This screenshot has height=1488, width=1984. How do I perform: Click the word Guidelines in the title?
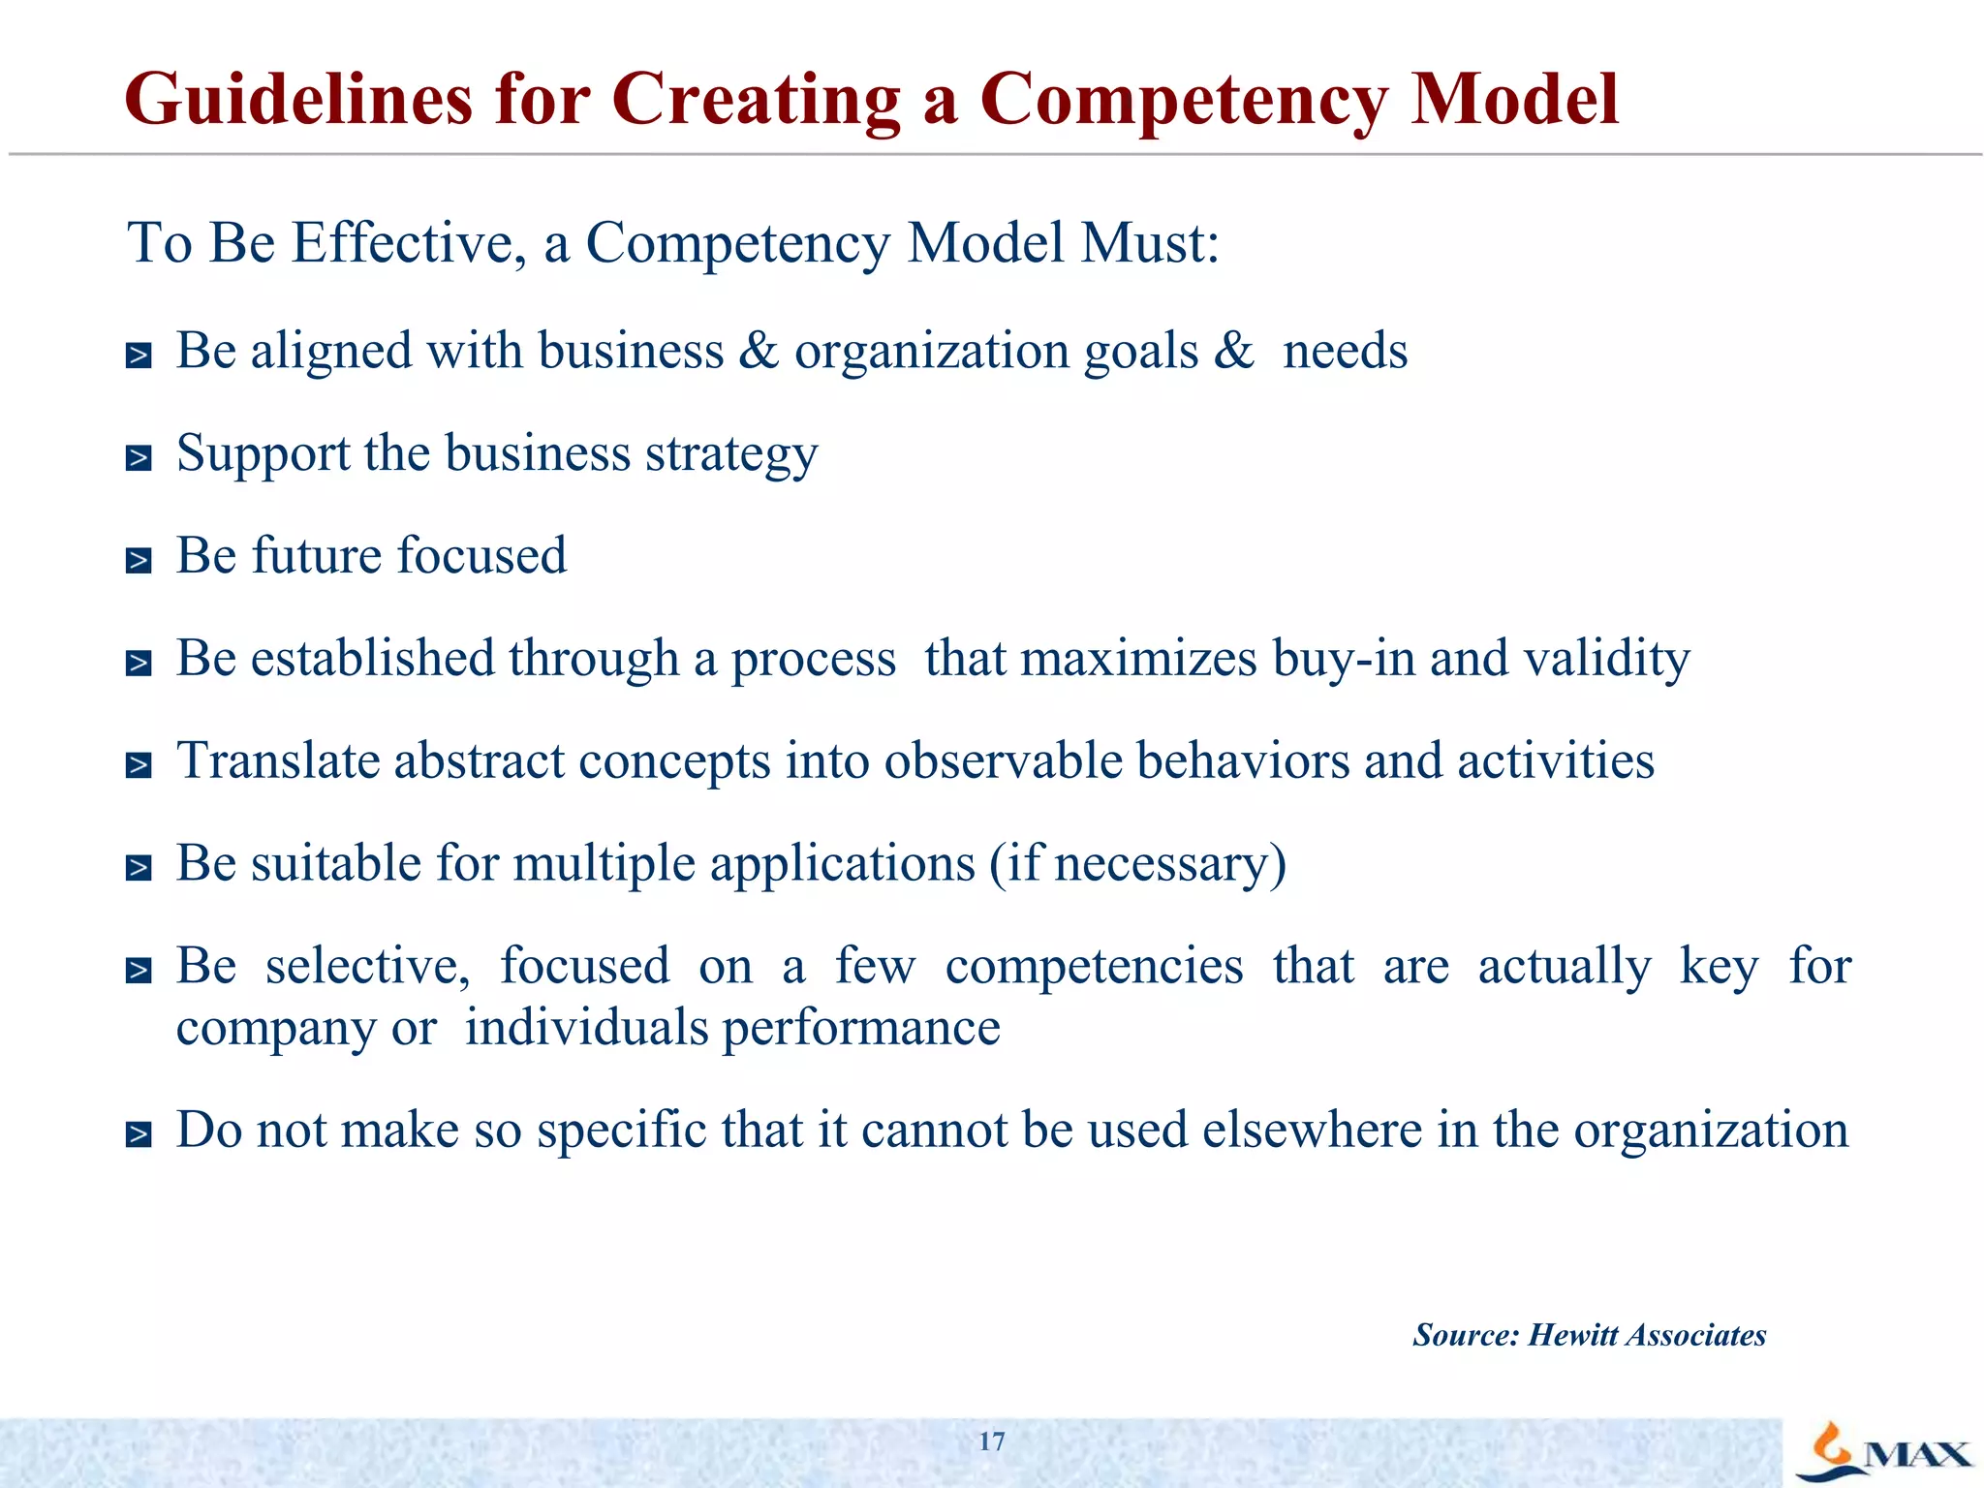tap(298, 100)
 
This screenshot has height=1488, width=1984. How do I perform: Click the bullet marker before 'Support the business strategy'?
tap(139, 458)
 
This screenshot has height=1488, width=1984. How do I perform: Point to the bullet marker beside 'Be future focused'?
tap(139, 561)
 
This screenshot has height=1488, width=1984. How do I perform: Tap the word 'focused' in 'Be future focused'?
tap(481, 556)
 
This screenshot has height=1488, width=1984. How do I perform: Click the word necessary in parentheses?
tap(1161, 864)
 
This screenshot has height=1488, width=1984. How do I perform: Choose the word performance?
tap(861, 1028)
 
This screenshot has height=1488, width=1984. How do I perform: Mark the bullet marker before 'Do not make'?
tap(139, 1135)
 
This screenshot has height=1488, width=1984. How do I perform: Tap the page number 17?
tap(991, 1441)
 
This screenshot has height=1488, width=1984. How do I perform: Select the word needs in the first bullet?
tap(1345, 351)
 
